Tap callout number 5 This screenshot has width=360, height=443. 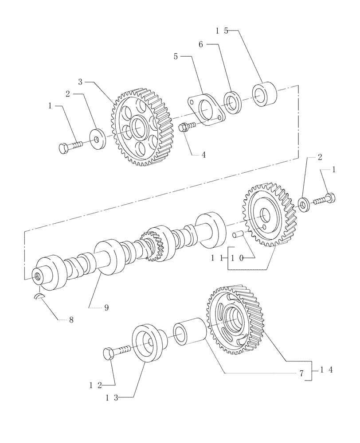[176, 56]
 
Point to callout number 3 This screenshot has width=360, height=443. [80, 82]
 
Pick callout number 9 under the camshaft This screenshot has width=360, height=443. [106, 307]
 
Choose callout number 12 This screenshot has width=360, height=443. [94, 385]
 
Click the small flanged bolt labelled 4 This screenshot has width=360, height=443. [186, 128]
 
